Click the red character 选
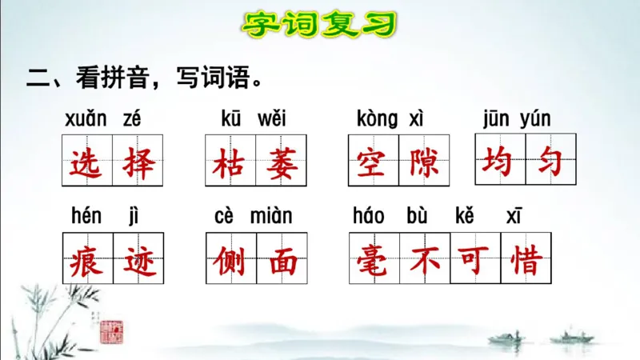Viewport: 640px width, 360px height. tap(86, 164)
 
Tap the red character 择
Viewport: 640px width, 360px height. tap(136, 164)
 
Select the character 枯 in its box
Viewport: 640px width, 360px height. tap(230, 164)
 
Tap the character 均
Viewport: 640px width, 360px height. tap(500, 162)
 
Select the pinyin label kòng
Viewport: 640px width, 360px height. tap(376, 120)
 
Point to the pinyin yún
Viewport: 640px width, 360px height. tap(534, 120)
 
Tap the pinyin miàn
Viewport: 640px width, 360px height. tap(271, 216)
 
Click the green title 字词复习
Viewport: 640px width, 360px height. tap(319, 23)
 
